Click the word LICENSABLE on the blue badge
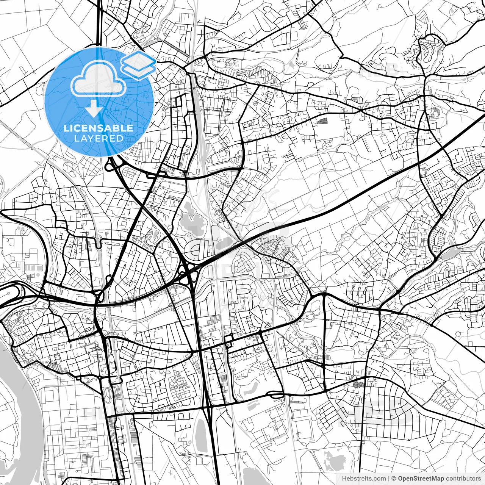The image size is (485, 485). pyautogui.click(x=99, y=128)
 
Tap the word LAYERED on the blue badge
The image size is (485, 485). pyautogui.click(x=99, y=138)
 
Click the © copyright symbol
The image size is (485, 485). pyautogui.click(x=394, y=479)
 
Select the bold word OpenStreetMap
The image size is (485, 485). pyautogui.click(x=421, y=479)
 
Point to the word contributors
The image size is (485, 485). pyautogui.click(x=463, y=479)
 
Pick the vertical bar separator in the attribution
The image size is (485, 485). pyautogui.click(x=389, y=479)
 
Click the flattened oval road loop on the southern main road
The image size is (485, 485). pyautogui.click(x=276, y=395)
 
